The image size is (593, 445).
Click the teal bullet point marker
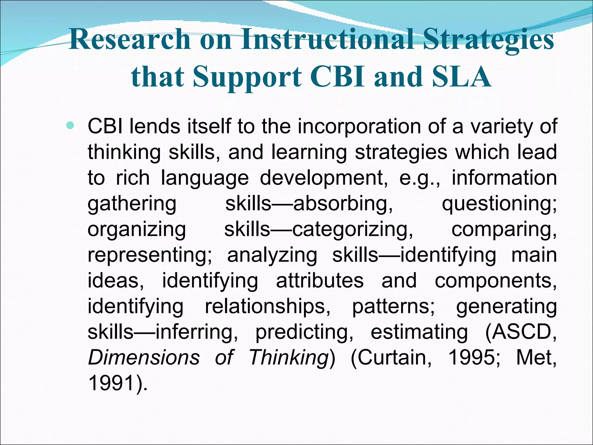point(70,126)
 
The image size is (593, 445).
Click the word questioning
point(499,204)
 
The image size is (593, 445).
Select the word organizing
point(137,229)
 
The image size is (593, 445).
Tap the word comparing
point(504,229)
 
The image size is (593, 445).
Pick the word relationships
point(268,306)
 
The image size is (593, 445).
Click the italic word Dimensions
point(144,357)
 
